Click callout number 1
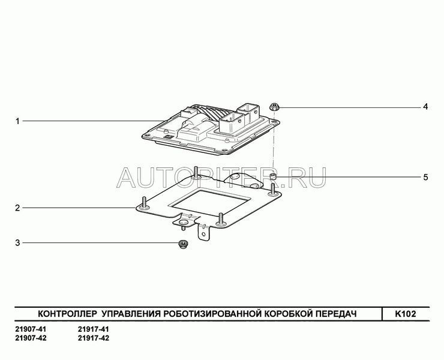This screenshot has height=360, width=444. [x=17, y=121]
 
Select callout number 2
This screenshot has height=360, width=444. [x=17, y=208]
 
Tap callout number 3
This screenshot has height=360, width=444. [x=17, y=243]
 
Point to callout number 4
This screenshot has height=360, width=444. [x=425, y=107]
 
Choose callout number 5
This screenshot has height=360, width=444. [x=425, y=178]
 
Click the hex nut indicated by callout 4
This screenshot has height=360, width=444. [x=274, y=107]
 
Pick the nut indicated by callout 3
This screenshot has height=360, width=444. [x=183, y=244]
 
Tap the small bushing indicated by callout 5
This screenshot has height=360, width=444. [x=272, y=178]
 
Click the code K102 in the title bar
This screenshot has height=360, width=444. [x=406, y=314]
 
